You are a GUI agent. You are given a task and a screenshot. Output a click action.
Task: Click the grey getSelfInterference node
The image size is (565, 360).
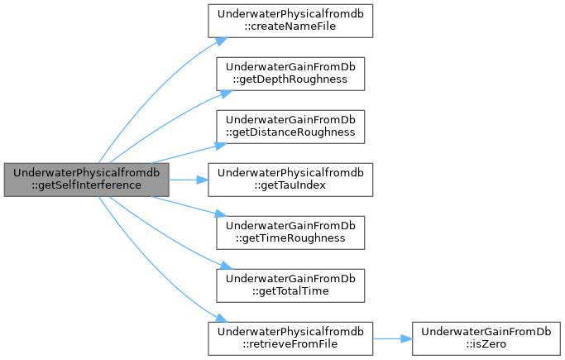click(87, 180)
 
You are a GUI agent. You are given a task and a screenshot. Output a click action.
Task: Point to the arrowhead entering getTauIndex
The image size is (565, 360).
click(202, 180)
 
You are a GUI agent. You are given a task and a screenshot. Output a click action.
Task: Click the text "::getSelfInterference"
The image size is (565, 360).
click(87, 185)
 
